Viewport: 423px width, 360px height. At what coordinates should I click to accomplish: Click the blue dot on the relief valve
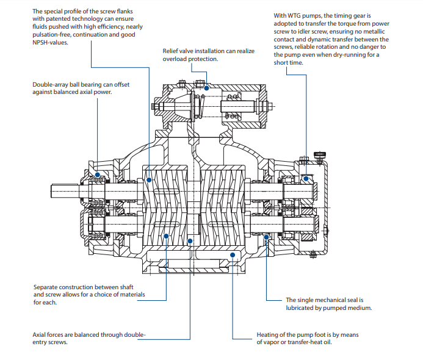[206, 87]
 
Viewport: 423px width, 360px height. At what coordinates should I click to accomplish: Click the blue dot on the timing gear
[306, 179]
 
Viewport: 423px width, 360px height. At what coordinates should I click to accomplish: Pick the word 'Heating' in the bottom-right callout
[267, 334]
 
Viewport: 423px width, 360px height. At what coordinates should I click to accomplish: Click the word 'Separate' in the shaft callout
[46, 286]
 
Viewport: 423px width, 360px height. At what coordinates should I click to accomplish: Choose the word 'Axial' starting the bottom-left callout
[40, 334]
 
